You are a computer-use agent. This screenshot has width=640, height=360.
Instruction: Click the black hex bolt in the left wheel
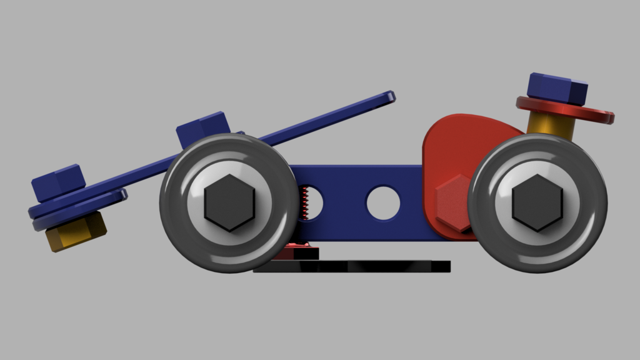229,202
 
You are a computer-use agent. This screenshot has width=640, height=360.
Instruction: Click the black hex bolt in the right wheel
537,202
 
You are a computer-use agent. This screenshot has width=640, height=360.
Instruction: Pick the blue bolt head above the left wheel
201,129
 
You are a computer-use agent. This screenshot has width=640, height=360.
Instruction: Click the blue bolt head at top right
557,88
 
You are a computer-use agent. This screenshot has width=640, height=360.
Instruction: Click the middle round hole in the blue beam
382,202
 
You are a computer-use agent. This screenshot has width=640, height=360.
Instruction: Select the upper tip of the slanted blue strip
390,97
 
